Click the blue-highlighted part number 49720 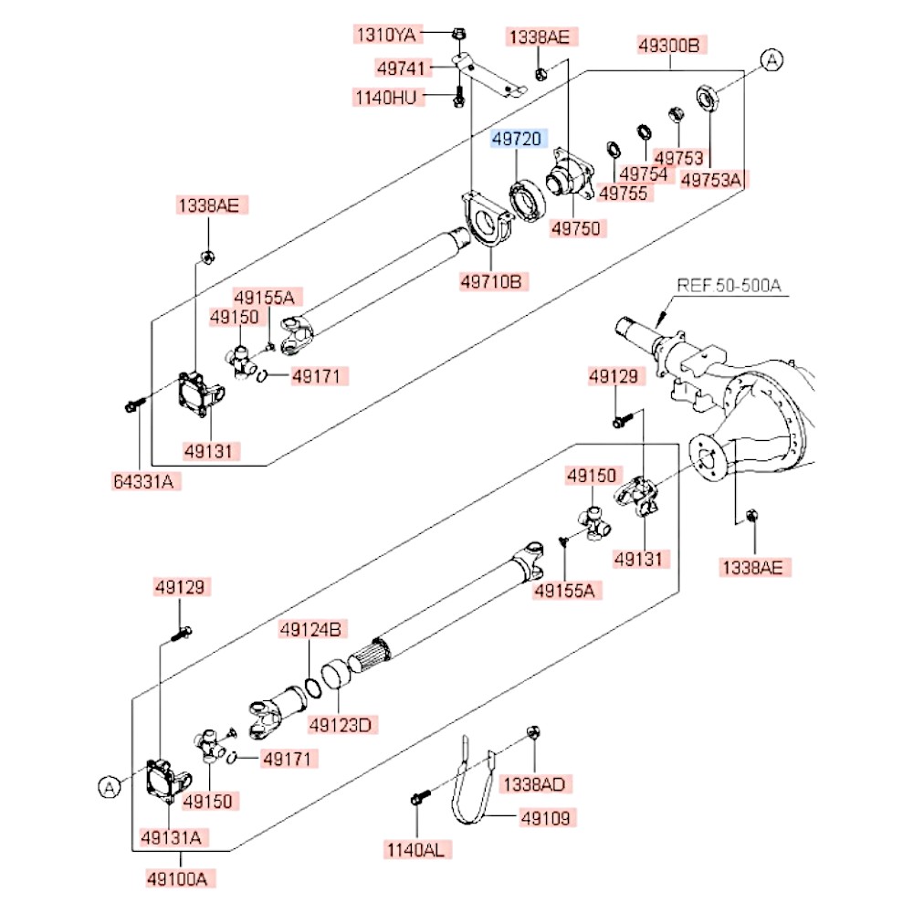point(518,139)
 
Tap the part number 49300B point(669,45)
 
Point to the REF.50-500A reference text point(728,286)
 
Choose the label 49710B point(490,281)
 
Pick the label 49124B point(310,629)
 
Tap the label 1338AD point(535,783)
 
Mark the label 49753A point(711,179)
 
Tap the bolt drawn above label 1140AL point(415,801)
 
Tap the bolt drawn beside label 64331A point(133,404)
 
